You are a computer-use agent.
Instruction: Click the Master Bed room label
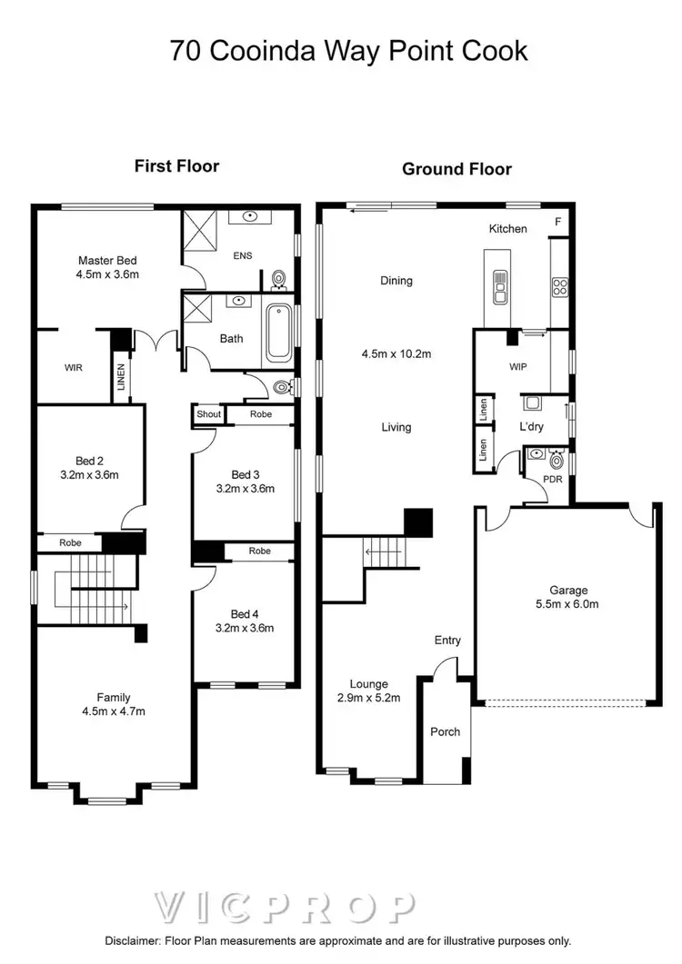107,259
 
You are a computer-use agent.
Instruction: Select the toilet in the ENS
279,277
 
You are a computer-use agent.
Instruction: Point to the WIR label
74,368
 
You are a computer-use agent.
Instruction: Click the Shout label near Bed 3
208,414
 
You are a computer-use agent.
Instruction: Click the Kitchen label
507,229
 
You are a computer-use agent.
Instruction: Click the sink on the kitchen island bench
499,288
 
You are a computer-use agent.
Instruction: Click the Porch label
445,731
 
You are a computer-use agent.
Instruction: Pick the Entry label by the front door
447,641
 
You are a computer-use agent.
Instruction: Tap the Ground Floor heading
456,169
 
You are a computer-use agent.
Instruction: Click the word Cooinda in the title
262,51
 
